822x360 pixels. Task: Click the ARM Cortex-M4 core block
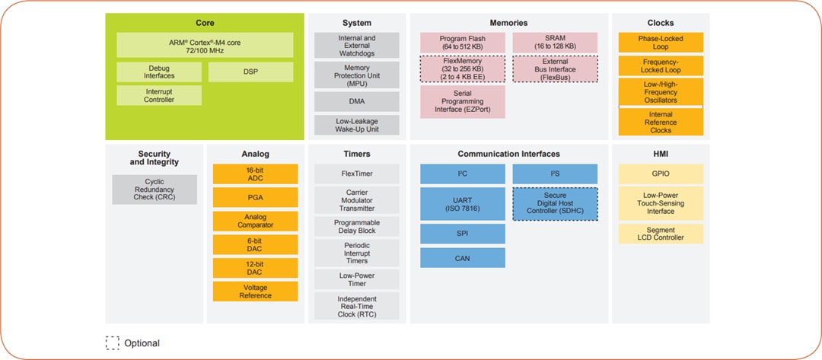point(205,44)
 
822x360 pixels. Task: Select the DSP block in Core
point(250,72)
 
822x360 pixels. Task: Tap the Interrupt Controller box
point(159,95)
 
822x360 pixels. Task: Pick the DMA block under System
point(357,101)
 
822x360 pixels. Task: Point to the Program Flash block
point(463,43)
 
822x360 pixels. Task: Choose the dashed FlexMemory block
point(463,68)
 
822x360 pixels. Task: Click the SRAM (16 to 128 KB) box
point(555,43)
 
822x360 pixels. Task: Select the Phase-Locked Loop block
point(661,42)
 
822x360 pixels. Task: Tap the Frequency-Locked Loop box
point(661,66)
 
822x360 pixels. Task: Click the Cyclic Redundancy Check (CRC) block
point(155,190)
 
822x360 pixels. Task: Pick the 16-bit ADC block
point(255,174)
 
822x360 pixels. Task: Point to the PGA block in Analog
point(255,198)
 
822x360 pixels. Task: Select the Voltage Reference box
point(255,292)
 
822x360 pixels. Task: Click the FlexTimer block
point(357,174)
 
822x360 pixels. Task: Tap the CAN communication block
point(463,258)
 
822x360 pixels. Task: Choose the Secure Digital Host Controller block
point(555,204)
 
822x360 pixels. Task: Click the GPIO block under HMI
point(661,174)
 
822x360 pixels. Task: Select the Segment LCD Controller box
point(661,234)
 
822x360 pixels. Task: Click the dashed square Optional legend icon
point(113,342)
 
